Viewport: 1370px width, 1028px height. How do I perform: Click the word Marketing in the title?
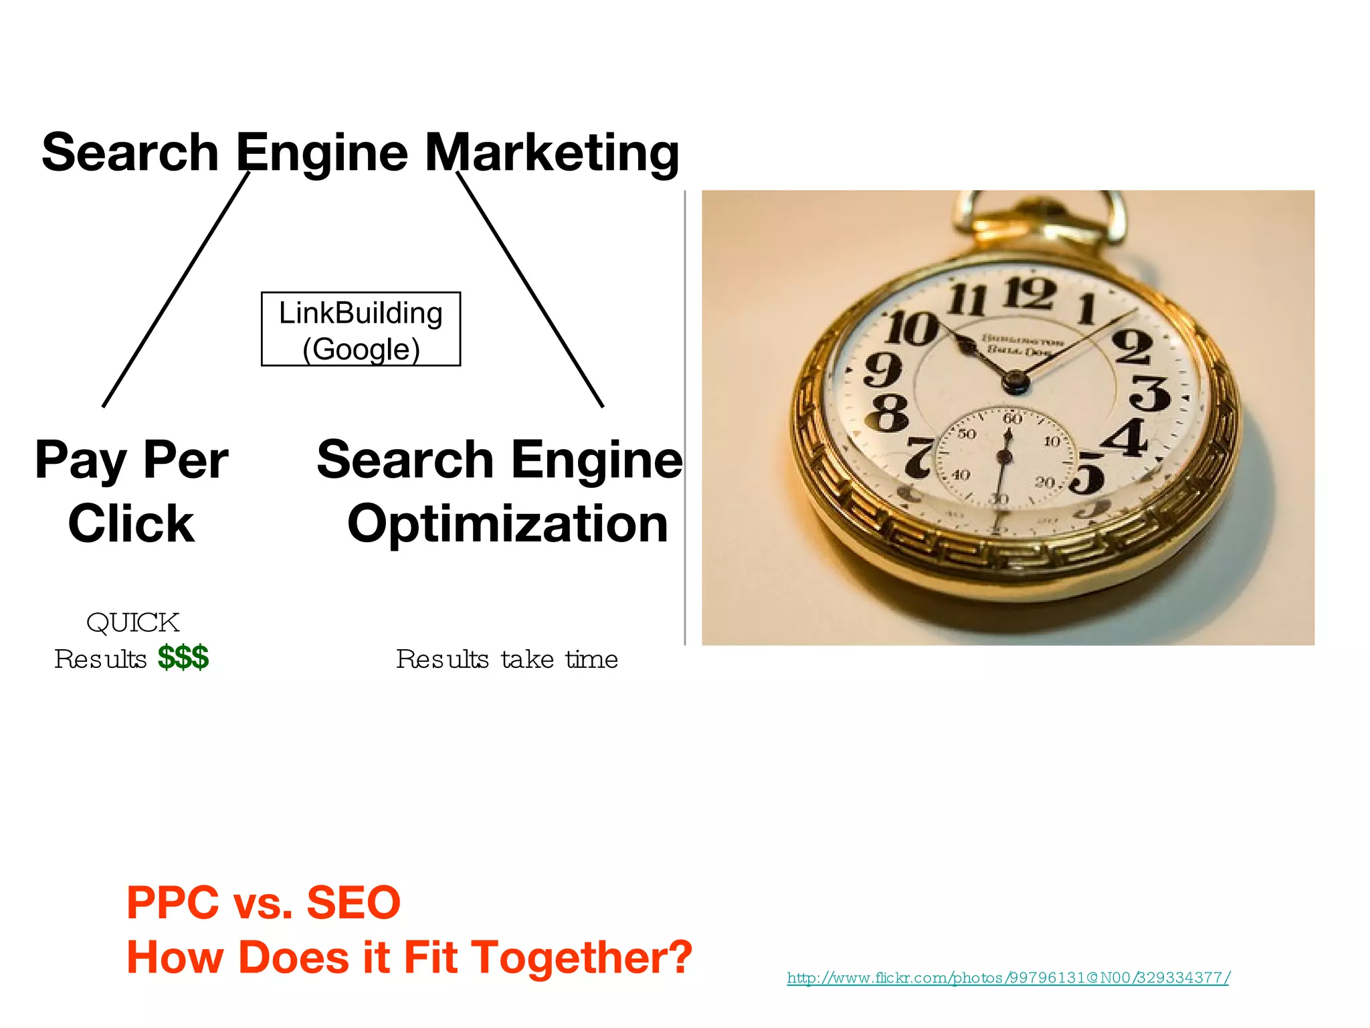pyautogui.click(x=552, y=153)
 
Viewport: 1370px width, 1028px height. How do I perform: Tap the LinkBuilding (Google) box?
pyautogui.click(x=361, y=329)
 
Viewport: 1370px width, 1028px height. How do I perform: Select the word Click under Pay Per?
pyautogui.click(x=131, y=523)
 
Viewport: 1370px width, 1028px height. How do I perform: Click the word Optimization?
pyautogui.click(x=508, y=523)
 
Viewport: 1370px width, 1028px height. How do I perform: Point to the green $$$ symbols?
pyautogui.click(x=183, y=657)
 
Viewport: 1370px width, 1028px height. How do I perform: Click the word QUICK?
pyautogui.click(x=133, y=622)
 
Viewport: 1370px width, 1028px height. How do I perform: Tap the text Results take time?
pyautogui.click(x=507, y=659)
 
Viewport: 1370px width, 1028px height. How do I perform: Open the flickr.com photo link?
pyautogui.click(x=1007, y=978)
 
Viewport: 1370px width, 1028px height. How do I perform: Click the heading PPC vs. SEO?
pyautogui.click(x=264, y=902)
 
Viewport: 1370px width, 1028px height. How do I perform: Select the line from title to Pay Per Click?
pyautogui.click(x=176, y=289)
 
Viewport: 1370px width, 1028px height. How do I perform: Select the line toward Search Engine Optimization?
pyautogui.click(x=530, y=289)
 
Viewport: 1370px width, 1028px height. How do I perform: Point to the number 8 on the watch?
pyautogui.click(x=887, y=412)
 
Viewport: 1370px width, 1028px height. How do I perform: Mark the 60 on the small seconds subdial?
pyautogui.click(x=1012, y=419)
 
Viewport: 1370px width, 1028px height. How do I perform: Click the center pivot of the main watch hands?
pyautogui.click(x=1015, y=381)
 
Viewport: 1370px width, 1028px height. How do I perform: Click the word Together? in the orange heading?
pyautogui.click(x=582, y=957)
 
